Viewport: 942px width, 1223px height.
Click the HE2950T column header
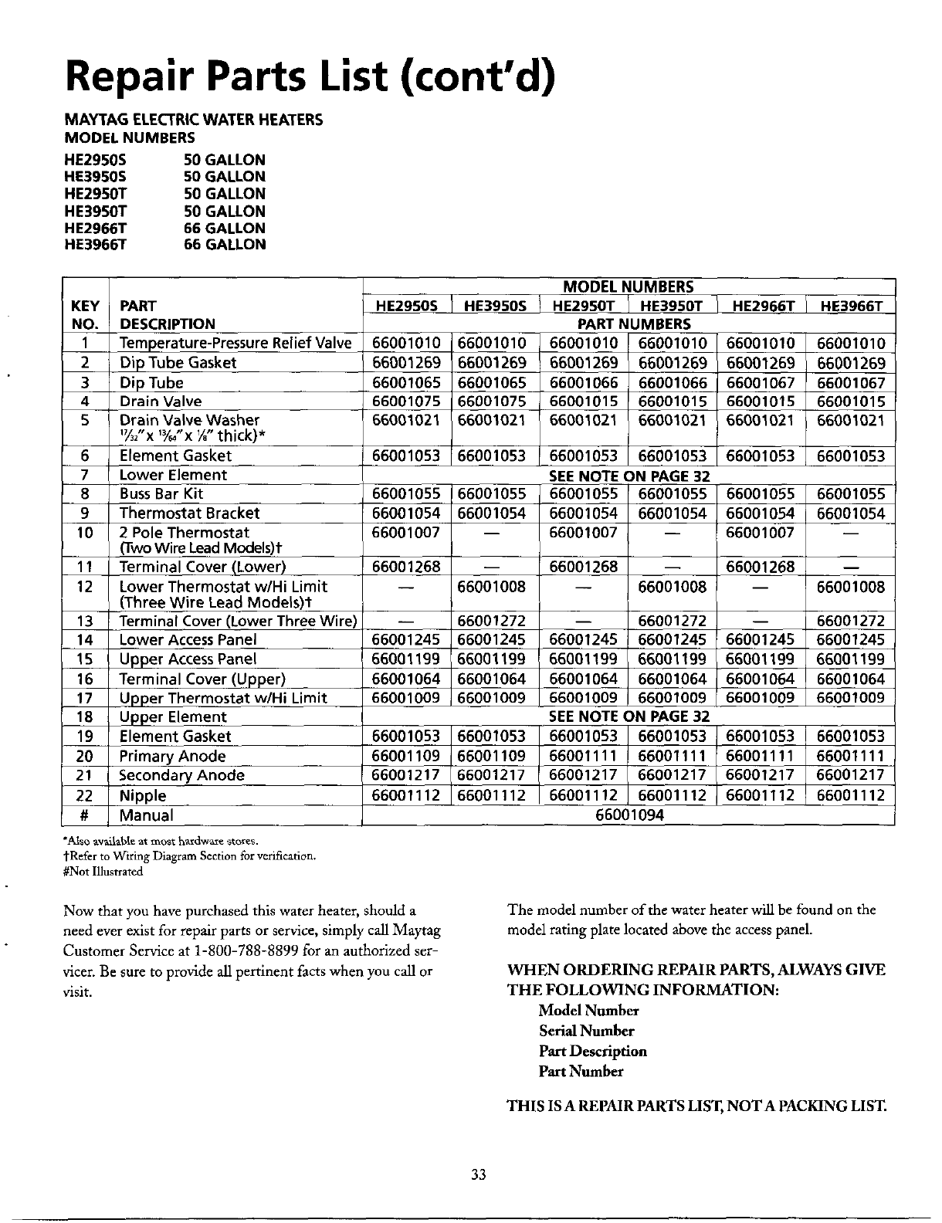584,307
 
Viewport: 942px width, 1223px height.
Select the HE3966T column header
851,307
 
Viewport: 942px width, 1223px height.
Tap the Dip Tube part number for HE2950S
406,383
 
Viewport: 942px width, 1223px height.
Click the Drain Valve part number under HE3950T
672,401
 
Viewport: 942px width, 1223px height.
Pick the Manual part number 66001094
629,815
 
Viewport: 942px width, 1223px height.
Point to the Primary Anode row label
172,757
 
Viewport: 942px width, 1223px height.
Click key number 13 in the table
85,622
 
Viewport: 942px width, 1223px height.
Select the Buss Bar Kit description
161,494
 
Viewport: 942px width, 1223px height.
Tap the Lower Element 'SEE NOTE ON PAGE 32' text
629,476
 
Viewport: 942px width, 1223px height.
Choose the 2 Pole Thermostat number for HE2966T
761,533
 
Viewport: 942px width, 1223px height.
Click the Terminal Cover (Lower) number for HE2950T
584,567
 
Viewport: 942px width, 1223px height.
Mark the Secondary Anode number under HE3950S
492,775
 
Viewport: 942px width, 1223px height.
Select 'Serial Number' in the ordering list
586,1031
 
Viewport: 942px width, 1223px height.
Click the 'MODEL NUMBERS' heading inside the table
629,287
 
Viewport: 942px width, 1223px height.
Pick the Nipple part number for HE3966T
851,795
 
